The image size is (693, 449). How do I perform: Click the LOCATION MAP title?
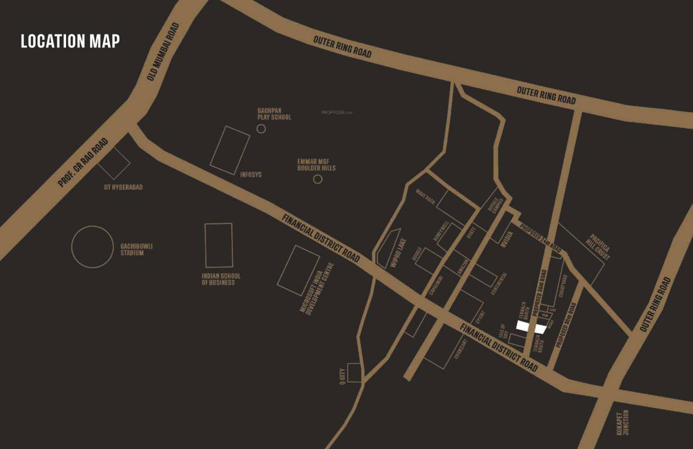click(x=70, y=41)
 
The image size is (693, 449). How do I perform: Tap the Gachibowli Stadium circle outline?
click(x=92, y=247)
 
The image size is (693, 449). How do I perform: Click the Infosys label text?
click(x=251, y=174)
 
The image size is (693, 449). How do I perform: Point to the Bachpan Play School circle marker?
click(x=261, y=129)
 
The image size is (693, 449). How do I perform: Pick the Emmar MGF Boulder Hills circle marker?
click(x=317, y=179)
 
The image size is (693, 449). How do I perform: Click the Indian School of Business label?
click(x=221, y=279)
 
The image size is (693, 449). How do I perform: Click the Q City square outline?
click(x=354, y=372)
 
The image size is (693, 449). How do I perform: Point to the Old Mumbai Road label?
click(x=165, y=50)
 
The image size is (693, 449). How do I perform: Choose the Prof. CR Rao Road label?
click(x=83, y=163)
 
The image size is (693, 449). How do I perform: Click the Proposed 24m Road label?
click(x=540, y=237)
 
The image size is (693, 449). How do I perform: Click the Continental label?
click(x=499, y=284)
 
